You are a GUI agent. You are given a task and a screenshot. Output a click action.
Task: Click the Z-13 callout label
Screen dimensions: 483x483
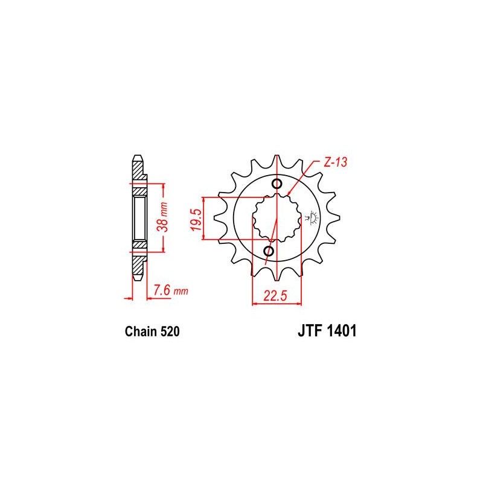(335, 162)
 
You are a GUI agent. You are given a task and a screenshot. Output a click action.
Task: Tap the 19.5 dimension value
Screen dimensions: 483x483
(196, 219)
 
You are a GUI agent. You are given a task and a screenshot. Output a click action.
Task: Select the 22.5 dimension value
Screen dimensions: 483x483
(275, 296)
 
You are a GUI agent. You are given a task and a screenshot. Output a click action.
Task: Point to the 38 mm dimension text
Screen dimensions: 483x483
(162, 217)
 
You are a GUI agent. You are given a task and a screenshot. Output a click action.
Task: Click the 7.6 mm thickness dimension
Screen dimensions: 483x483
(171, 290)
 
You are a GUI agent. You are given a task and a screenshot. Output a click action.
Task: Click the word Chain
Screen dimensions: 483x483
(141, 331)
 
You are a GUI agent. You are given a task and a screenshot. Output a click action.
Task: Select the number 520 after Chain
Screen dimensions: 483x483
(170, 331)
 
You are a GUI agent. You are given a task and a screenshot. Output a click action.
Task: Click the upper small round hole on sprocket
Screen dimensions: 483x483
(277, 184)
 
